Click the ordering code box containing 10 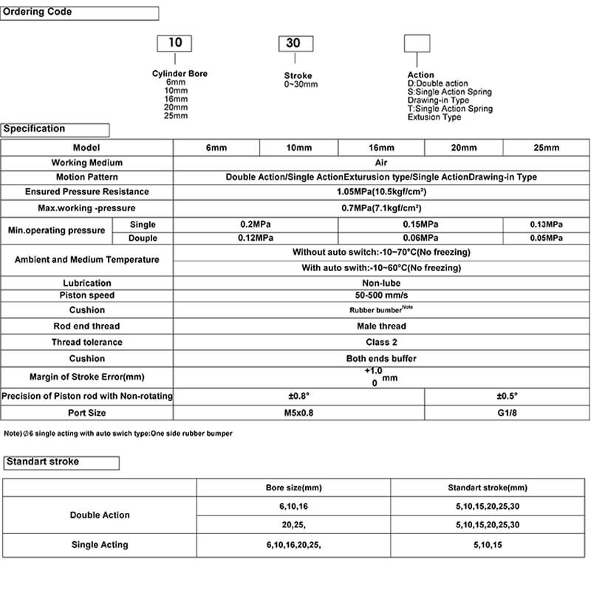(x=174, y=43)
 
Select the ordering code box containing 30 (x=293, y=43)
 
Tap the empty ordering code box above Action (x=417, y=43)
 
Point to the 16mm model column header (x=381, y=148)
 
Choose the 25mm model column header (x=546, y=148)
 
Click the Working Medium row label (x=87, y=162)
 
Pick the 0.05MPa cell (x=546, y=238)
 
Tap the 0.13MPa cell (x=546, y=225)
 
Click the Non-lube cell (x=381, y=283)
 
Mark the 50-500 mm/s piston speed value (x=381, y=295)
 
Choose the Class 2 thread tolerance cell (x=381, y=342)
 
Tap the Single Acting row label (x=100, y=545)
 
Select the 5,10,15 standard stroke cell (x=488, y=545)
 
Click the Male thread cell (x=381, y=326)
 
